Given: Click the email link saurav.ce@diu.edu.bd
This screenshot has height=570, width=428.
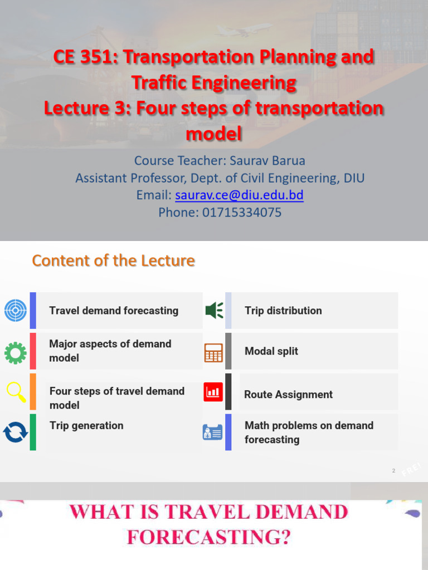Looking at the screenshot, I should point(239,195).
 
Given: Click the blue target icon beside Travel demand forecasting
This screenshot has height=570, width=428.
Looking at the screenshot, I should point(16,311).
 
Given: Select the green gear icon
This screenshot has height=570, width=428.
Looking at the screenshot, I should point(16,352).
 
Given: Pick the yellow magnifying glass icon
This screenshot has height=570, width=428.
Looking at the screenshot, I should point(16,391).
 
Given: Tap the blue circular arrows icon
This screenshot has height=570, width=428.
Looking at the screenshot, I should point(16,432).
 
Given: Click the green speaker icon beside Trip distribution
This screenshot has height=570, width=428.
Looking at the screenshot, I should point(214,310).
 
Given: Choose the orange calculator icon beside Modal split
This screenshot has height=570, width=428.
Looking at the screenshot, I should point(213,352).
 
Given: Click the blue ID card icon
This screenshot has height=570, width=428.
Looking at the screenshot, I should point(212,433).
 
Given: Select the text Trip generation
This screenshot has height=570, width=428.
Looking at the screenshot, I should point(86,426).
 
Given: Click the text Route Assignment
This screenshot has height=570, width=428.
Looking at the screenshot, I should point(288,395).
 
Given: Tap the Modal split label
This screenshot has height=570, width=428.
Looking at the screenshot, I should point(271,351).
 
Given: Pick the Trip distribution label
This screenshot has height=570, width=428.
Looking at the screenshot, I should point(283,311).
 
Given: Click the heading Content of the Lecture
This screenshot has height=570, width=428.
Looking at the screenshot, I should point(113,261).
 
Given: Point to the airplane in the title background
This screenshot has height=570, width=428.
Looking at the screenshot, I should point(244,30).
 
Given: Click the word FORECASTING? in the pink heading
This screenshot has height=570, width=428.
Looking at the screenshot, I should point(209,537).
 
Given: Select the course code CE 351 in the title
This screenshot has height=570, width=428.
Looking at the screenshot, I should point(81,57).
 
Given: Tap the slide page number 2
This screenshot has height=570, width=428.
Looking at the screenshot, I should point(393,471).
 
